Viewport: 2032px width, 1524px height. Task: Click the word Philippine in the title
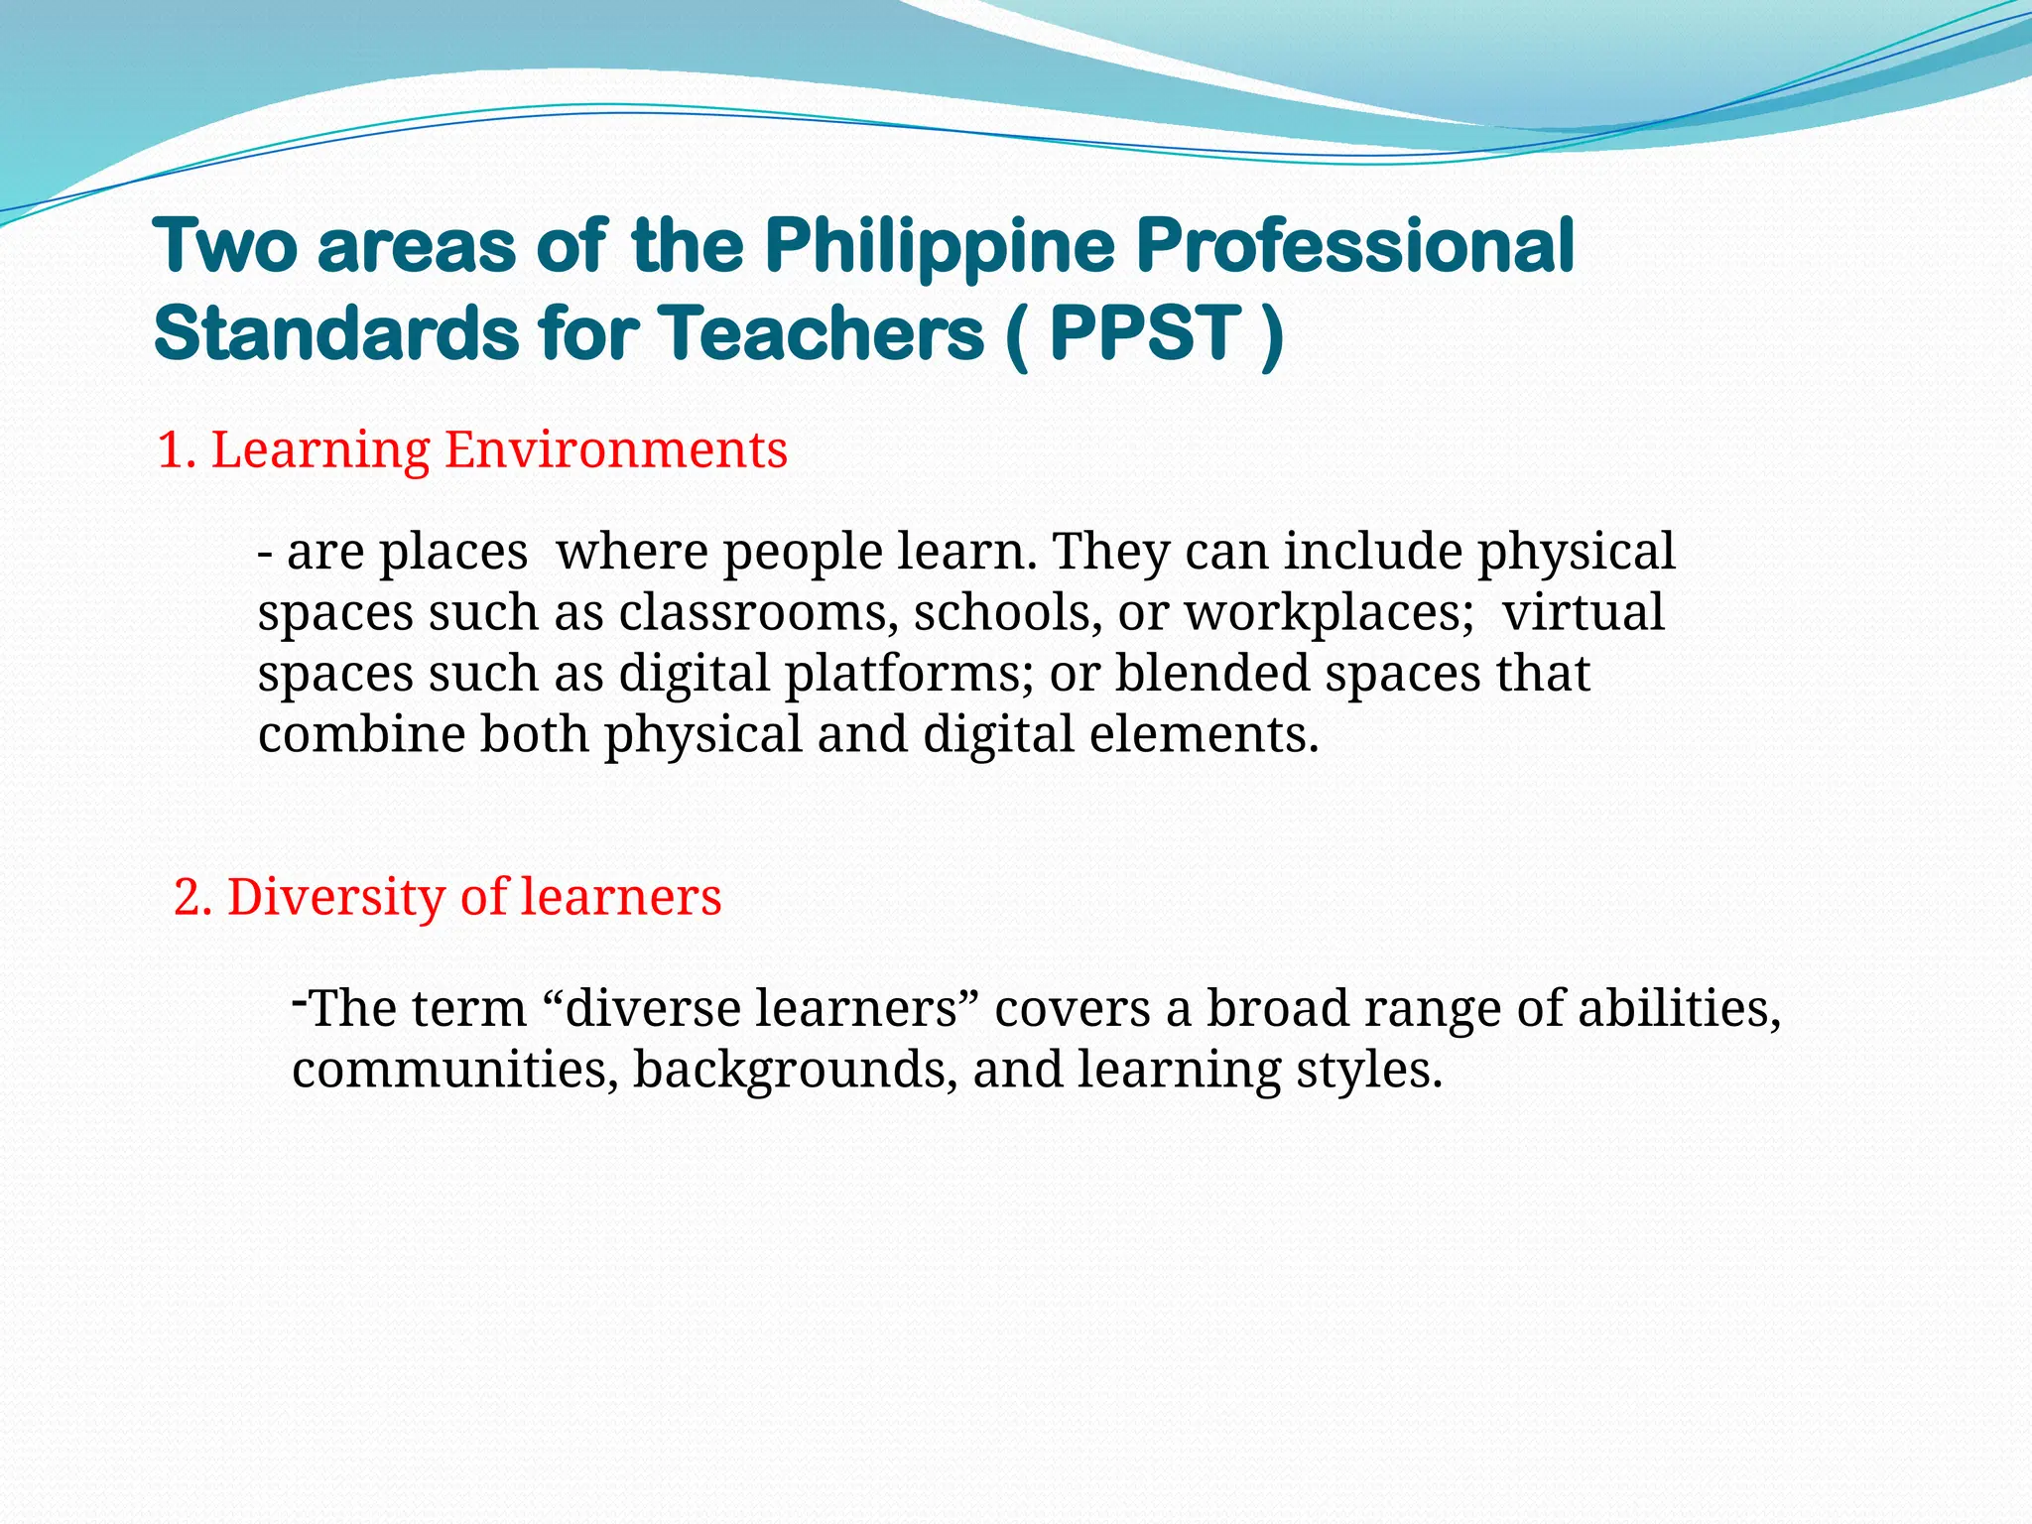tap(940, 247)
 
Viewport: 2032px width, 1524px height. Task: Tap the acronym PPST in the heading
tap(1144, 333)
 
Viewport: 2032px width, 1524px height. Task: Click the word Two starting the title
tap(225, 247)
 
